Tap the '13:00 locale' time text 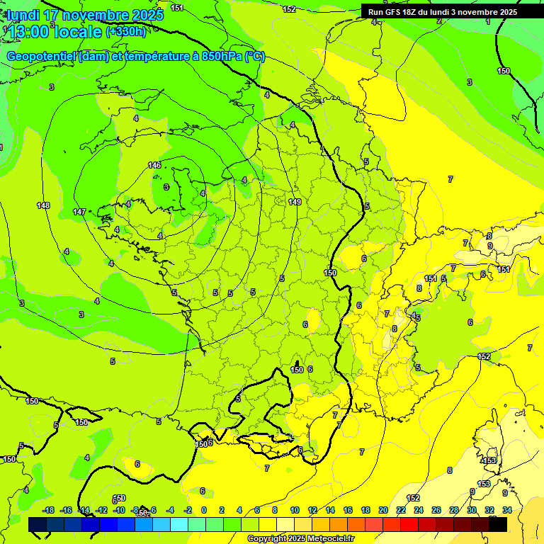pyautogui.click(x=55, y=32)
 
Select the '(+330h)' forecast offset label pyautogui.click(x=126, y=32)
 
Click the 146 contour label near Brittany pyautogui.click(x=154, y=165)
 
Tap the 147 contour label pyautogui.click(x=79, y=212)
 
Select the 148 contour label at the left pyautogui.click(x=43, y=205)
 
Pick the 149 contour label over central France pyautogui.click(x=295, y=202)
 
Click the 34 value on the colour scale pyautogui.click(x=507, y=510)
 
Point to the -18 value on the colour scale pyautogui.click(x=49, y=510)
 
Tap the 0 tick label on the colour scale pyautogui.click(x=204, y=510)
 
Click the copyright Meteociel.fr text pyautogui.click(x=300, y=538)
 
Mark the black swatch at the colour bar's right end pyautogui.click(x=498, y=524)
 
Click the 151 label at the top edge pyautogui.click(x=177, y=8)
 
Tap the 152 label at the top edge pyautogui.click(x=289, y=9)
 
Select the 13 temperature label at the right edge pyautogui.click(x=530, y=347)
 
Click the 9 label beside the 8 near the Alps pyautogui.click(x=489, y=246)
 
